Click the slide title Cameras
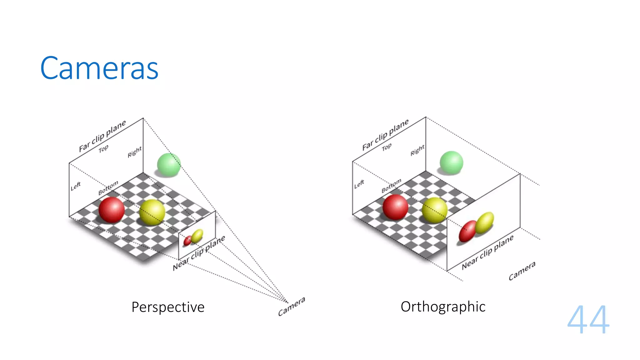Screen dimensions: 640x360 click(99, 68)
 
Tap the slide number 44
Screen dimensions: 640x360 click(588, 319)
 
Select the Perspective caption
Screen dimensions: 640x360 click(168, 307)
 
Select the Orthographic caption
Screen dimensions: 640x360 click(443, 307)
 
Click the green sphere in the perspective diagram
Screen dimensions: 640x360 click(169, 164)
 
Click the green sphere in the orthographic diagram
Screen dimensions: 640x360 click(451, 162)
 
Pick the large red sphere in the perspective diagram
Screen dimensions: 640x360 click(112, 209)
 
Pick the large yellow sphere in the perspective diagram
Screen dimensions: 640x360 click(152, 212)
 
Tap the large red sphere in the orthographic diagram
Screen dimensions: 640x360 click(395, 207)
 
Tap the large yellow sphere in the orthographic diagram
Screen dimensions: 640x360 click(434, 210)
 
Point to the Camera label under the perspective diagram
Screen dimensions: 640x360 click(291, 307)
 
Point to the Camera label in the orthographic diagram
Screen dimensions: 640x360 click(522, 271)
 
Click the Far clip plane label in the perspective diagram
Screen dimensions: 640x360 click(102, 136)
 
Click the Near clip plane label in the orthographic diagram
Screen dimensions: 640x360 click(487, 252)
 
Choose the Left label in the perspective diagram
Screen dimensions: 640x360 click(76, 186)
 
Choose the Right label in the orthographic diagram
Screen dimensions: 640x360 click(417, 150)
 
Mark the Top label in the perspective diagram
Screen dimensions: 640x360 click(103, 149)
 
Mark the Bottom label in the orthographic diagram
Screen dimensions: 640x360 click(391, 186)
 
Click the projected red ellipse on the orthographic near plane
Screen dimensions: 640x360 click(467, 231)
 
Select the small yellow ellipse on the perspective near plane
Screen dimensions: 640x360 click(197, 236)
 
